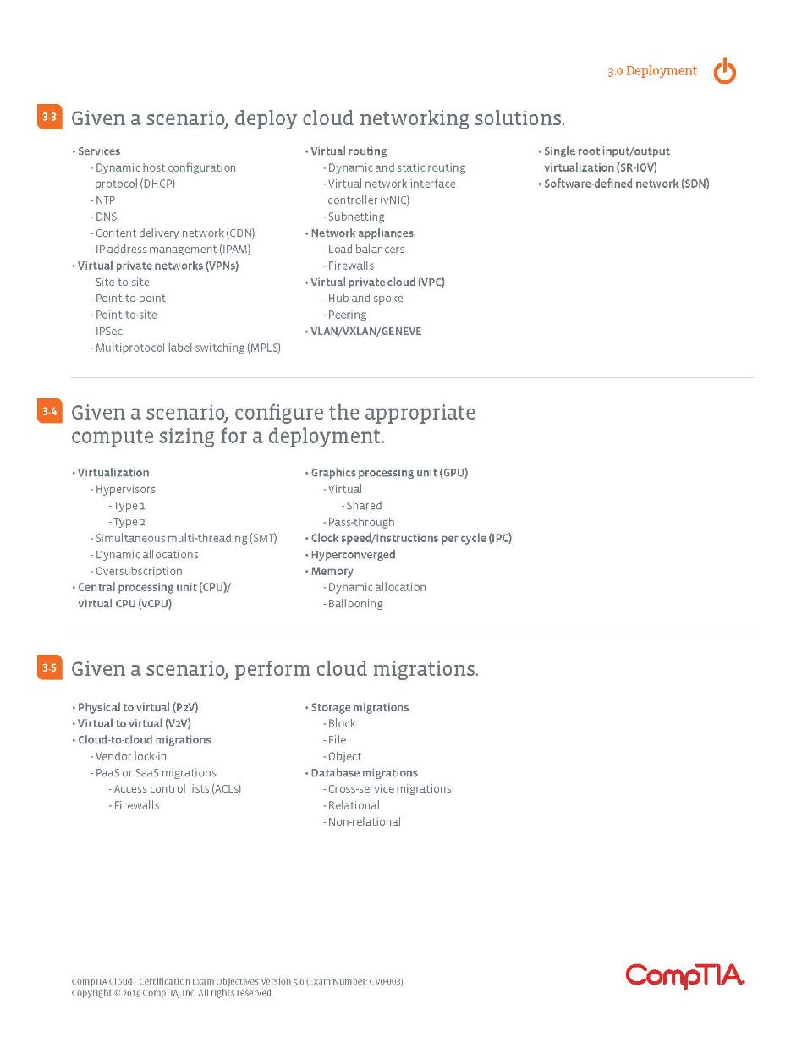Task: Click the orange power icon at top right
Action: coord(724,72)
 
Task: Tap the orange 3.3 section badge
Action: coord(50,117)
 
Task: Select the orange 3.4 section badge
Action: coord(50,412)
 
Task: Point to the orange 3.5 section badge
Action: coord(50,668)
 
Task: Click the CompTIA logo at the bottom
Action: coord(684,975)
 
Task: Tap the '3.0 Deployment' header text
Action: coord(651,71)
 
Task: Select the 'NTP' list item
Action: coord(105,200)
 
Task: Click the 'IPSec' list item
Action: coord(108,331)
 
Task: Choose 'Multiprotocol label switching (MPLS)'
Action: coord(188,348)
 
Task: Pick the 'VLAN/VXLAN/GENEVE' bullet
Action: coord(365,331)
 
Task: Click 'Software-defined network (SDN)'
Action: coord(626,184)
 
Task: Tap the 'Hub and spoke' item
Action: coord(365,298)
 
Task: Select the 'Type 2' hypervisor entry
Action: coord(129,522)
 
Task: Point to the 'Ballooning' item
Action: coord(355,604)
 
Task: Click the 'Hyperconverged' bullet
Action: coord(353,555)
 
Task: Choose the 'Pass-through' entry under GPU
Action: coord(361,522)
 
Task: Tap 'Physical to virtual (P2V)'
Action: coord(138,707)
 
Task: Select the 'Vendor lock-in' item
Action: coord(131,756)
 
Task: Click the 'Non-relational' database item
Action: coord(365,821)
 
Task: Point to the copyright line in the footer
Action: coord(173,993)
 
